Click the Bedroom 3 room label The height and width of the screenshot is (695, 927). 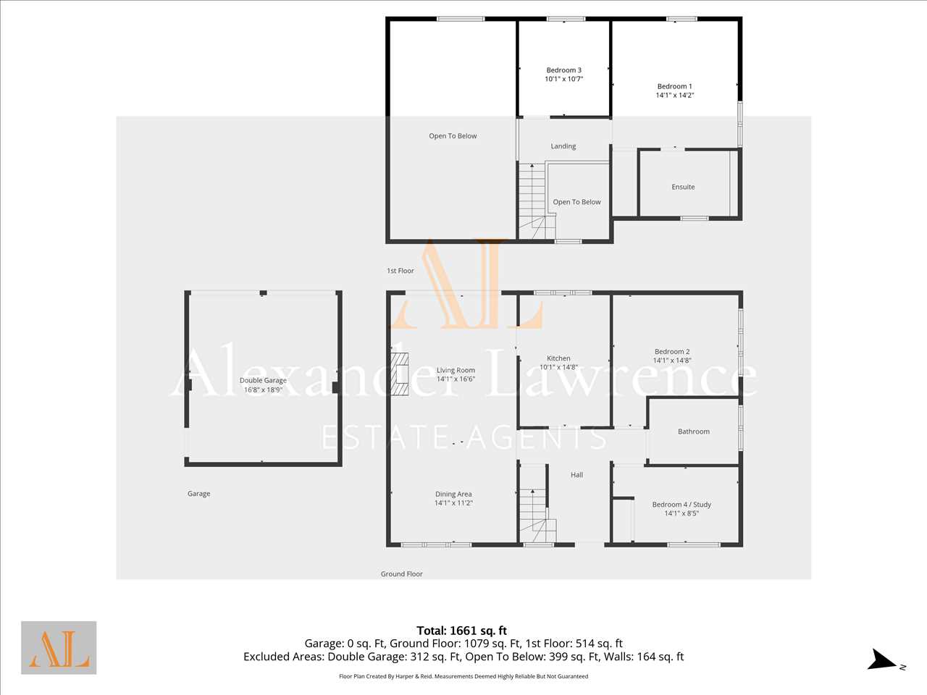(563, 70)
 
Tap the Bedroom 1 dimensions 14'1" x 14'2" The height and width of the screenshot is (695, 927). (675, 96)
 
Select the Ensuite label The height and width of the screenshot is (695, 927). (683, 187)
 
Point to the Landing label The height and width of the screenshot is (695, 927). (563, 146)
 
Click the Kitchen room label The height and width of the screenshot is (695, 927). (558, 358)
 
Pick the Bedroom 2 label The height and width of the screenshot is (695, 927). (672, 352)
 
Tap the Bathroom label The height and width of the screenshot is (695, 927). (694, 431)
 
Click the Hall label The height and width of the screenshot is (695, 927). (576, 475)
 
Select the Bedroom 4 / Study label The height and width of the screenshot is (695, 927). (681, 505)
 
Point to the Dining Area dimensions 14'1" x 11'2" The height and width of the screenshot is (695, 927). (453, 503)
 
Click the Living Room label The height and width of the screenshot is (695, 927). (456, 371)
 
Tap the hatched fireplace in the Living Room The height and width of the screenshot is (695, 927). (400, 374)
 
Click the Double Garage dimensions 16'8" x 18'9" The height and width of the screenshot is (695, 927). (263, 390)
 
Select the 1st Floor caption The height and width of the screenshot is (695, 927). (400, 271)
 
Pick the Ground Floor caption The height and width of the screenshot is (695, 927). (402, 574)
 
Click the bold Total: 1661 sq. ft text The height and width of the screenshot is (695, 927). (461, 631)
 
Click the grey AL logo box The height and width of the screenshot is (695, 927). (59, 648)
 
